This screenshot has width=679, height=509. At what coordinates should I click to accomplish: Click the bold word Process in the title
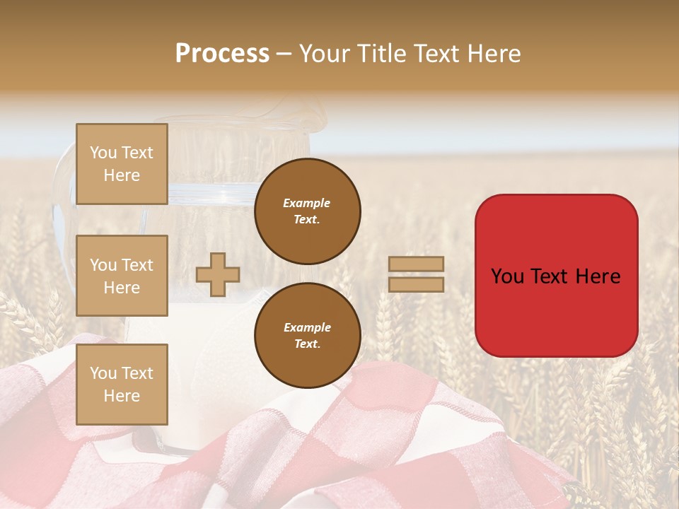point(222,54)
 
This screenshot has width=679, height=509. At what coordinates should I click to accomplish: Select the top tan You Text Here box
point(122,164)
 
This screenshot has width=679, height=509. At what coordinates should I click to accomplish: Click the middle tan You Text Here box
point(122,276)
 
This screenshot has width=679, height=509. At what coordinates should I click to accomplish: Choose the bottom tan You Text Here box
point(122,385)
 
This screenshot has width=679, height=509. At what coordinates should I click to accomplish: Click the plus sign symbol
point(218,275)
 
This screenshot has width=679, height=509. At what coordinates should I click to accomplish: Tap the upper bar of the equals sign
point(417,264)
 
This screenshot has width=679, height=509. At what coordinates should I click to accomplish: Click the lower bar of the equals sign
point(417,284)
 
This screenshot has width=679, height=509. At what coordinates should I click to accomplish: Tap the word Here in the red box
point(598,276)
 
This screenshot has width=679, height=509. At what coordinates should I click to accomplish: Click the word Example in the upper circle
point(307,203)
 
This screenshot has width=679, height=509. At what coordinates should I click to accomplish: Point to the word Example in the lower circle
point(307,327)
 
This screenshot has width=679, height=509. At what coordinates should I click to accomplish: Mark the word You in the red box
point(506,276)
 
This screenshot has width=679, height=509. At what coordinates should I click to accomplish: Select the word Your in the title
point(325,54)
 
